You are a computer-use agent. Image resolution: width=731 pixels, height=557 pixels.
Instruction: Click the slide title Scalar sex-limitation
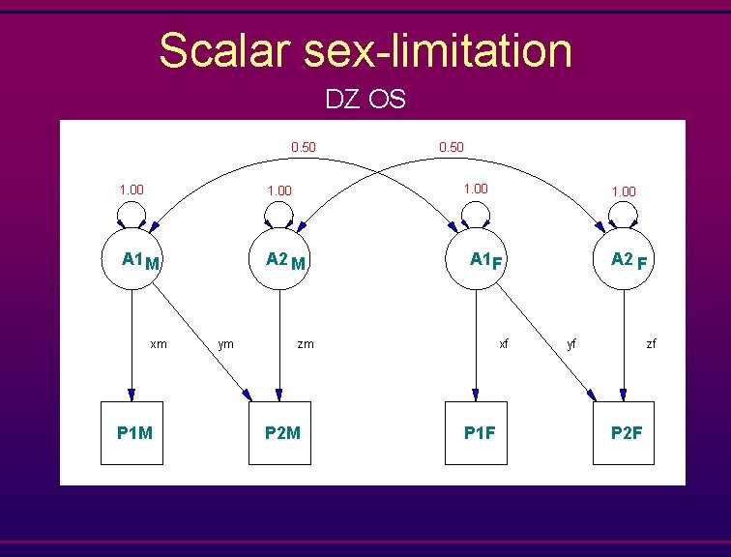pos(365,50)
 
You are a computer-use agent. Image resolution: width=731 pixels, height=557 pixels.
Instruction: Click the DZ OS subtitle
pos(365,99)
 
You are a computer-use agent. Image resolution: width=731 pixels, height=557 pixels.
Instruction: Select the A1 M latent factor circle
pos(132,260)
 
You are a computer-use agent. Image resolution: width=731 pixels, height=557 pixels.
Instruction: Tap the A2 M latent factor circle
pos(279,260)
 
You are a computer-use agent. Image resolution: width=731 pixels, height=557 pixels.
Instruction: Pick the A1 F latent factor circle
pos(475,260)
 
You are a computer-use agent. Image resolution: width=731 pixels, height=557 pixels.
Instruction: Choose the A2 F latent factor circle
pos(623,260)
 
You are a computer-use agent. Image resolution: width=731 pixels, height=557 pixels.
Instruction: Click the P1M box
pos(133,432)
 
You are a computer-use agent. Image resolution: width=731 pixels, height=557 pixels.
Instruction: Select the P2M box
pos(280,432)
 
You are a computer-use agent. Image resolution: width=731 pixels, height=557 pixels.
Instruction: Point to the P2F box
pos(624,432)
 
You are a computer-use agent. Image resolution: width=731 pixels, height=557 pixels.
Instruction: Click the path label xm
pos(158,343)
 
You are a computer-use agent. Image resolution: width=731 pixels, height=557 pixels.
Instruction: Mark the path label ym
pos(225,343)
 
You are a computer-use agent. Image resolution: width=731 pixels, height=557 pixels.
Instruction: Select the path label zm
pos(305,343)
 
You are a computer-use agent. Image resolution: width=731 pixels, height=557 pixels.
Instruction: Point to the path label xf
pos(503,343)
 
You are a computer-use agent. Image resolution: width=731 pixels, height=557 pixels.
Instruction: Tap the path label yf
pos(571,343)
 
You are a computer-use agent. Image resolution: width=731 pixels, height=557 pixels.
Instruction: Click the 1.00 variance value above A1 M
pos(132,190)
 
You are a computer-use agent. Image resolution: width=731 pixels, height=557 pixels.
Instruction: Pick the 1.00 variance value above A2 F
pos(623,191)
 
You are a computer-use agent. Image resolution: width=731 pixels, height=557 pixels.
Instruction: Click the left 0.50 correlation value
pos(304,147)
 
